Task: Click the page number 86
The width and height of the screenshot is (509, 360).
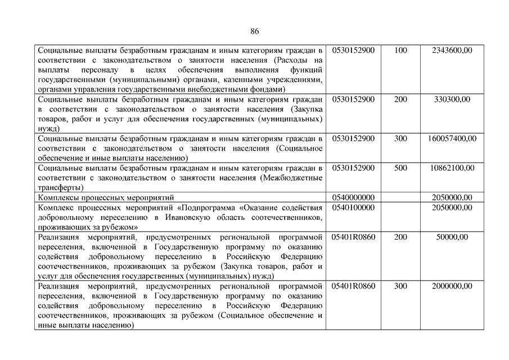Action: (255, 31)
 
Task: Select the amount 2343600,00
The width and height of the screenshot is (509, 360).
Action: (452, 51)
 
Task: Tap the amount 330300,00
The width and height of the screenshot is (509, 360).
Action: (452, 100)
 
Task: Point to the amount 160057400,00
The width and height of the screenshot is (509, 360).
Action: (452, 138)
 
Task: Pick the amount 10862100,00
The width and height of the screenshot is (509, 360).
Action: (452, 168)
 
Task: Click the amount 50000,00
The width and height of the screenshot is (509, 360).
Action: (452, 237)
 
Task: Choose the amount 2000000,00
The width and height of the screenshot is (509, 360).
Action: (452, 286)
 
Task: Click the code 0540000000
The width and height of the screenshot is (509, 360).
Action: (353, 197)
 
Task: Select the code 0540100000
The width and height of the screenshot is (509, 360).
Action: (353, 208)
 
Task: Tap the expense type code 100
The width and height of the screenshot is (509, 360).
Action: (400, 51)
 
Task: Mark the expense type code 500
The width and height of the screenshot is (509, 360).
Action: (400, 168)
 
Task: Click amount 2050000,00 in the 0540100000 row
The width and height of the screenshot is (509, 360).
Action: (452, 208)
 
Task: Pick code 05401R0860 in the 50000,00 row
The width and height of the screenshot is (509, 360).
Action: (353, 237)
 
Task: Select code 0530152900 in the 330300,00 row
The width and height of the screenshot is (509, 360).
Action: (353, 100)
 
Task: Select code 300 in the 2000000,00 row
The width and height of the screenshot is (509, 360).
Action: (400, 286)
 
